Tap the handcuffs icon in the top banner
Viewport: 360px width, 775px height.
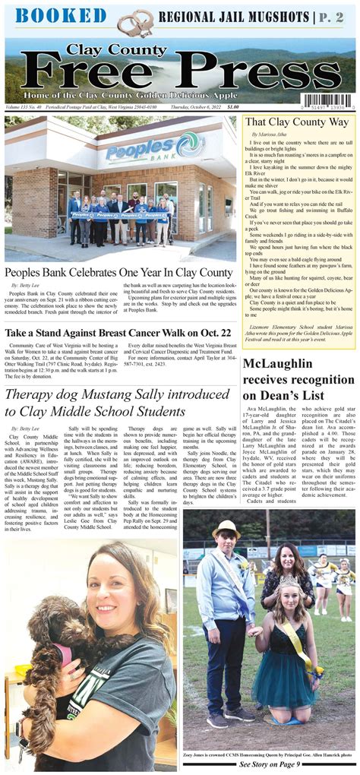(134, 21)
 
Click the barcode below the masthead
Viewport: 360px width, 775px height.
(328, 101)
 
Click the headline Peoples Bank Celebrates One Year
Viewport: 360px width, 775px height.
(118, 272)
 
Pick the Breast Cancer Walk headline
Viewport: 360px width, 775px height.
(118, 333)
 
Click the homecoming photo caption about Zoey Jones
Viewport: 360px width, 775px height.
(268, 754)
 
